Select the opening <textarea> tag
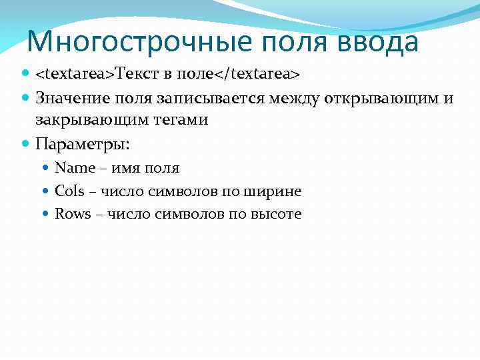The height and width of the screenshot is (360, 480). click(75, 72)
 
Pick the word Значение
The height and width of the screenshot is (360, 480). click(74, 99)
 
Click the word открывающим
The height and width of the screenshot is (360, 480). click(381, 99)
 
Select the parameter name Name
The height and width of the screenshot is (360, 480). click(75, 168)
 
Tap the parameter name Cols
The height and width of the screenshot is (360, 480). click(69, 191)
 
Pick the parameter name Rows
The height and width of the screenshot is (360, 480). click(72, 214)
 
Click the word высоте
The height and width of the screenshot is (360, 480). click(276, 214)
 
